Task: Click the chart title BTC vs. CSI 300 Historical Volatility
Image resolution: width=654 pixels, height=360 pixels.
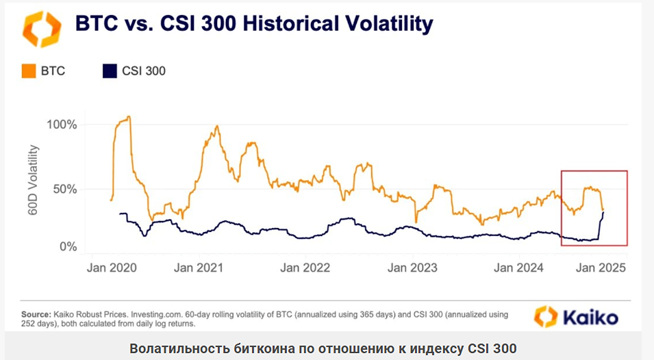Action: (x=253, y=24)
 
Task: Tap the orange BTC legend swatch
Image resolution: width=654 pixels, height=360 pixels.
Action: (x=28, y=70)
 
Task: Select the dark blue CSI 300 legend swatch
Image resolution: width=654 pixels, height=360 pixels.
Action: (x=109, y=70)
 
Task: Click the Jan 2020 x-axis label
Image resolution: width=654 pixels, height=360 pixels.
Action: (x=111, y=268)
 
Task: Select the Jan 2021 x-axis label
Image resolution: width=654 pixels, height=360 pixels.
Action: (x=198, y=268)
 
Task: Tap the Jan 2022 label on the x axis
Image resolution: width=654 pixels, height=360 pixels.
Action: (x=305, y=268)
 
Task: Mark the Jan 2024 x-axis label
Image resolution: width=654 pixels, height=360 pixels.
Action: (x=518, y=268)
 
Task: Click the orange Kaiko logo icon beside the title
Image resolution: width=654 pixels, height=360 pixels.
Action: (x=42, y=28)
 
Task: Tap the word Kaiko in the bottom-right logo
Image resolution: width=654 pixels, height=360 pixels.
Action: (x=590, y=318)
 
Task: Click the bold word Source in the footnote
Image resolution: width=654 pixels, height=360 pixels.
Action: (x=36, y=314)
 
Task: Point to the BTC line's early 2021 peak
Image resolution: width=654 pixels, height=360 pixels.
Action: (x=216, y=127)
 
